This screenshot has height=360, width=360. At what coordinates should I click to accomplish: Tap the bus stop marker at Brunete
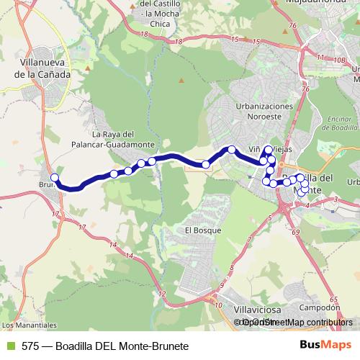(x=55, y=178)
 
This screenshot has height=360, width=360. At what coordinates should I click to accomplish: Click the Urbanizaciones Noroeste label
(x=264, y=112)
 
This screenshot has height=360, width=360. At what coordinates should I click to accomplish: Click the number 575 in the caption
(x=30, y=346)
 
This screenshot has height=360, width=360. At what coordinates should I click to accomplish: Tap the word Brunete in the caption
(x=169, y=346)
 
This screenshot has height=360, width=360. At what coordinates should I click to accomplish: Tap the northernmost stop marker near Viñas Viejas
(x=269, y=150)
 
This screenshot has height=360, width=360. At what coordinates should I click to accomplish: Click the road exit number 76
(x=292, y=26)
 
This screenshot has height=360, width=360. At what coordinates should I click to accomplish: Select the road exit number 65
(x=333, y=299)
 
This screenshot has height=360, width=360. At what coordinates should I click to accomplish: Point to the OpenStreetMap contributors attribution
(x=297, y=323)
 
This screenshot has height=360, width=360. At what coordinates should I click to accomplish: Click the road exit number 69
(x=296, y=232)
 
